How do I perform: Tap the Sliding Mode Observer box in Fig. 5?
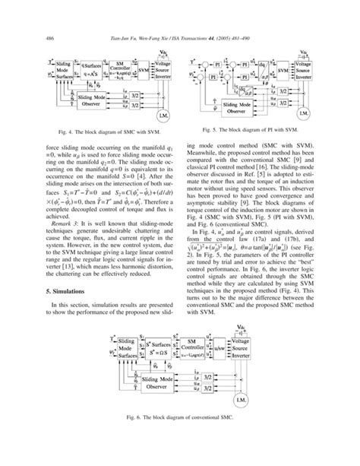pos(226,103)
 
